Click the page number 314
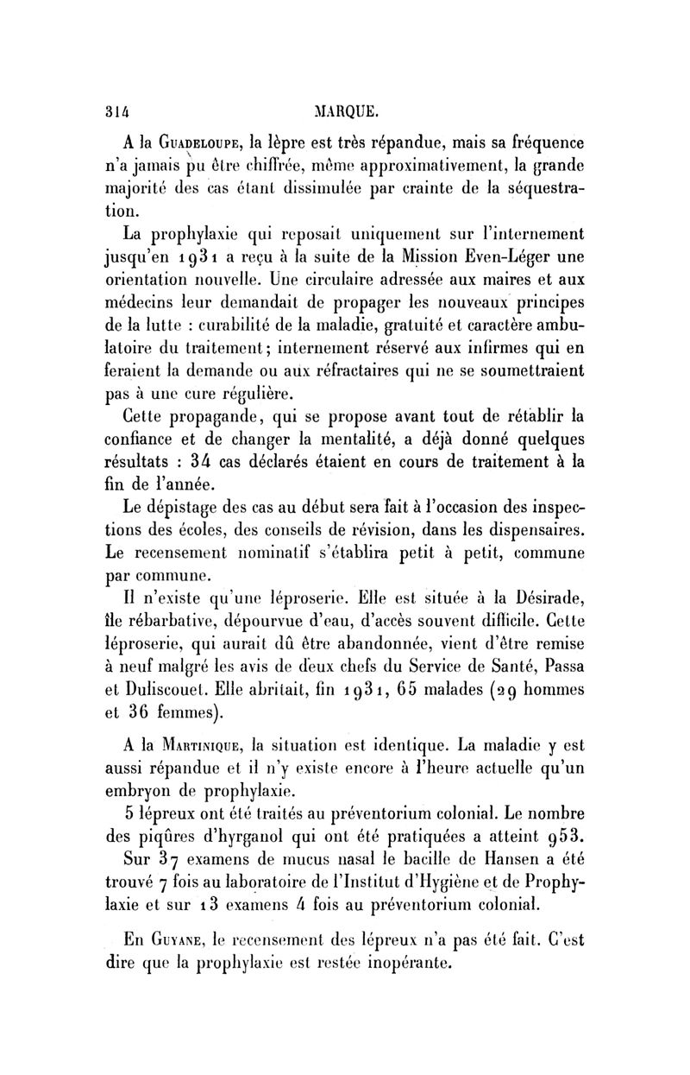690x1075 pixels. pos(115,111)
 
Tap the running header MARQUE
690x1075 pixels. pos(346,111)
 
